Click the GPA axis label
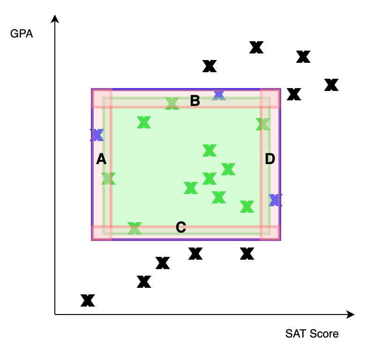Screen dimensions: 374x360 click(22, 34)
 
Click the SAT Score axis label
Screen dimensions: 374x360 click(312, 334)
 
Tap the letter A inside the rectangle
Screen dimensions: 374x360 click(101, 159)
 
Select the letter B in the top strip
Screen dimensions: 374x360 click(195, 101)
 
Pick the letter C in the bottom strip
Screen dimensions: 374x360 click(181, 227)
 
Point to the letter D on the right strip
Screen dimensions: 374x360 click(270, 159)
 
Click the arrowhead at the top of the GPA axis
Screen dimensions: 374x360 click(55, 19)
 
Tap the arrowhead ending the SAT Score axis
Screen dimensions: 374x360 click(351, 315)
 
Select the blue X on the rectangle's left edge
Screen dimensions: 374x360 click(97, 135)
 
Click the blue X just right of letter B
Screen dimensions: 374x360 click(219, 95)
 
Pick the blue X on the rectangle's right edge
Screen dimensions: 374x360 click(275, 200)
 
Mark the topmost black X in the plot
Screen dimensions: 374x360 click(256, 47)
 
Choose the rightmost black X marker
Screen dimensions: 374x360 click(331, 85)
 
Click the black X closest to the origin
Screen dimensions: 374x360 click(88, 300)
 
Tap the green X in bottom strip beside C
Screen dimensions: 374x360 click(135, 228)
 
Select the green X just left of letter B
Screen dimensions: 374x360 click(172, 104)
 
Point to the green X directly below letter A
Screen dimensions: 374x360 click(108, 179)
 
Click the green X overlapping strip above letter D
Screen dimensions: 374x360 click(263, 124)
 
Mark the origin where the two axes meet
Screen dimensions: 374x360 click(55, 315)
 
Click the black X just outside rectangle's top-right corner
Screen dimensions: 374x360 click(294, 94)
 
